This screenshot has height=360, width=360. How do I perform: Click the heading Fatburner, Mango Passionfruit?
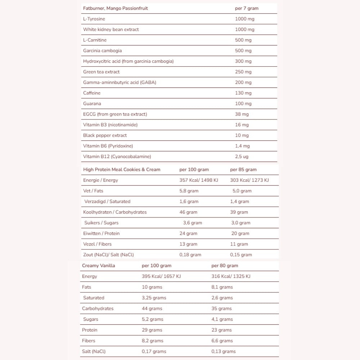tap(115, 8)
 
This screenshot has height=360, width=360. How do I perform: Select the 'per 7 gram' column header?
tap(247, 8)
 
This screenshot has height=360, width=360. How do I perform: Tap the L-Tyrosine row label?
tap(94, 19)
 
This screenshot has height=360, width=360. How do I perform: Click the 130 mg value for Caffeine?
tap(243, 93)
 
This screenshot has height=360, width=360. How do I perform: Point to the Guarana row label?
tap(92, 104)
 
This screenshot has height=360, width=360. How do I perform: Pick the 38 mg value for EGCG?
tap(242, 114)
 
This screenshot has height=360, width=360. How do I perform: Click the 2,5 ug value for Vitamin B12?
tap(242, 157)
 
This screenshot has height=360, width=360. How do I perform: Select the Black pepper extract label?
tap(105, 135)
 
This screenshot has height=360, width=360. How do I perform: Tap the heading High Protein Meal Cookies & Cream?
tap(122, 170)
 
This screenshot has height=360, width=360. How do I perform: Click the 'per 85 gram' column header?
tap(243, 170)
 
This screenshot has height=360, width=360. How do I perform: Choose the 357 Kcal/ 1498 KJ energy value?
tap(199, 180)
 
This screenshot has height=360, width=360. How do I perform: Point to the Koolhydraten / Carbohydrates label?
tap(115, 212)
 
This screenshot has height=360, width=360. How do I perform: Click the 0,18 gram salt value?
tap(190, 255)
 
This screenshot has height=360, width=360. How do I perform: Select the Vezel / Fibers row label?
tap(97, 244)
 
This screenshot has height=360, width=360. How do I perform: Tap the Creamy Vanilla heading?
tap(99, 266)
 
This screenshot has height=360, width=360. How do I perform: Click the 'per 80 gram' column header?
tap(225, 266)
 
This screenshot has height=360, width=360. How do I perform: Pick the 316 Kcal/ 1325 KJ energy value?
tap(231, 276)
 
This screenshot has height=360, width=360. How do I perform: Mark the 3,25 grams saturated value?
tap(154, 298)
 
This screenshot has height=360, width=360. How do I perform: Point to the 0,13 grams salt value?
tap(224, 351)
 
